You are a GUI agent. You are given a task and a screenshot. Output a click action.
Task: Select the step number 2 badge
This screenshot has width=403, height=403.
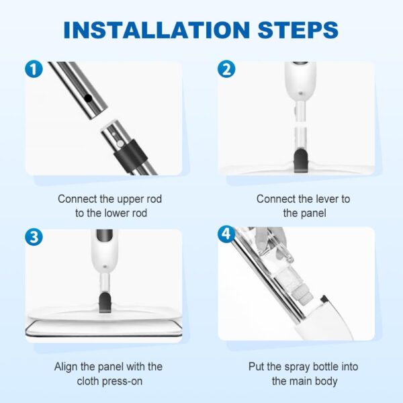tap(227, 69)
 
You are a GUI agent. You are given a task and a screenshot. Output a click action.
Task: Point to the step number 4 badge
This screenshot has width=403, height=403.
tap(227, 234)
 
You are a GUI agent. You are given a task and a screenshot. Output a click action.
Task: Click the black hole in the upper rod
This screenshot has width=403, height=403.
tap(87, 98)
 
